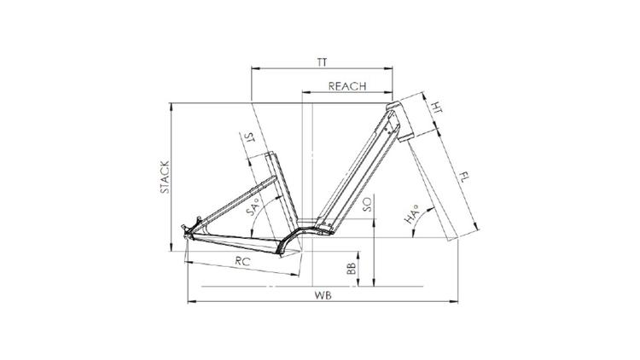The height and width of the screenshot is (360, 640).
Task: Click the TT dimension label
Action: point(322,62)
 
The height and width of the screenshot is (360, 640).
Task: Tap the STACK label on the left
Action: point(165,177)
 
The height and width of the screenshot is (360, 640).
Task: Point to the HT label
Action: point(437,107)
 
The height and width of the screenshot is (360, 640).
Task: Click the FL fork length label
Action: point(463,177)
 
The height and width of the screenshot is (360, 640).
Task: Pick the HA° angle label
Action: point(412,215)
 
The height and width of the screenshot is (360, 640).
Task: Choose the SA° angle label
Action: point(253,207)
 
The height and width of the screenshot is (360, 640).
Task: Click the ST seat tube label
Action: point(249,137)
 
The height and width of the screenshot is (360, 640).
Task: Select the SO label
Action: point(367,204)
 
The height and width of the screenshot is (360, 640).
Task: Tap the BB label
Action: point(351,268)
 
